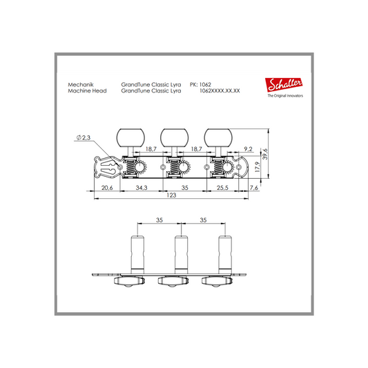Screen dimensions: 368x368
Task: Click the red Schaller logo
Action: click(x=284, y=84)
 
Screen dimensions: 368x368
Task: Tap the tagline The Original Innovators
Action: click(x=285, y=96)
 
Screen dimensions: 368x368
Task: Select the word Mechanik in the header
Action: click(x=81, y=84)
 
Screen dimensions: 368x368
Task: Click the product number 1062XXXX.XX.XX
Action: click(x=220, y=91)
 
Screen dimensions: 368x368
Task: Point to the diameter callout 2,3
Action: click(x=84, y=137)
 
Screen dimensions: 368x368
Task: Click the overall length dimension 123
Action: click(x=171, y=195)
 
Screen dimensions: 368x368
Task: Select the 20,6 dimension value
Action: click(x=107, y=188)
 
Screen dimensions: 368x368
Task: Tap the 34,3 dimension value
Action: click(x=142, y=188)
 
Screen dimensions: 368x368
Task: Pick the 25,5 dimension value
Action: click(x=222, y=188)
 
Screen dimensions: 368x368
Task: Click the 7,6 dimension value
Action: click(x=254, y=188)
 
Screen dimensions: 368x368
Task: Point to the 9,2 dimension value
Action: click(x=248, y=149)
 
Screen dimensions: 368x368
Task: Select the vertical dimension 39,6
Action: click(x=265, y=154)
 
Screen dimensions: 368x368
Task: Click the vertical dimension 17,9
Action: click(x=258, y=167)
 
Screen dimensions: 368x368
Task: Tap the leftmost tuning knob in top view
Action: click(x=130, y=138)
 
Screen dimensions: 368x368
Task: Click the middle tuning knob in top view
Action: click(x=175, y=138)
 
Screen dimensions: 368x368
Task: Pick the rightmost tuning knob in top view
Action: click(x=218, y=138)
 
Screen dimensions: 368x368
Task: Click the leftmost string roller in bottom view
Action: click(x=137, y=255)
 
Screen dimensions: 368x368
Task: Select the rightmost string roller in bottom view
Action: click(x=225, y=255)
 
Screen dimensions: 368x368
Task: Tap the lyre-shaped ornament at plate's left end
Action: click(x=108, y=167)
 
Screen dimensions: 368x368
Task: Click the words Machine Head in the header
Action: click(x=87, y=91)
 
